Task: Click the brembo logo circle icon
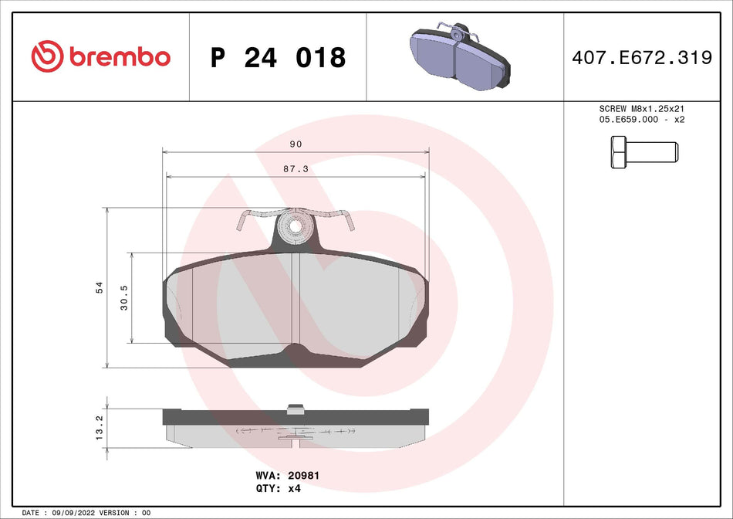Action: pyautogui.click(x=47, y=56)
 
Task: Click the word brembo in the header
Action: pyautogui.click(x=119, y=56)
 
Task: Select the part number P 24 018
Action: pyautogui.click(x=278, y=57)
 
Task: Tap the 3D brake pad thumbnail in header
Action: pyautogui.click(x=460, y=59)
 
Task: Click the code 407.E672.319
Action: pyautogui.click(x=642, y=57)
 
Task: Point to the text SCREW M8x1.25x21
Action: pyautogui.click(x=642, y=110)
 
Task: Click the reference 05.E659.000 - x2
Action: pyautogui.click(x=642, y=120)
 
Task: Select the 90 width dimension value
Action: pyautogui.click(x=296, y=144)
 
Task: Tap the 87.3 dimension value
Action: pyautogui.click(x=296, y=168)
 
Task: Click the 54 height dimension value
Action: pyautogui.click(x=99, y=287)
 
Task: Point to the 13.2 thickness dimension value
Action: pyautogui.click(x=99, y=427)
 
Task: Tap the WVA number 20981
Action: pyautogui.click(x=304, y=477)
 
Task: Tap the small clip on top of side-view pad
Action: pyautogui.click(x=295, y=408)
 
